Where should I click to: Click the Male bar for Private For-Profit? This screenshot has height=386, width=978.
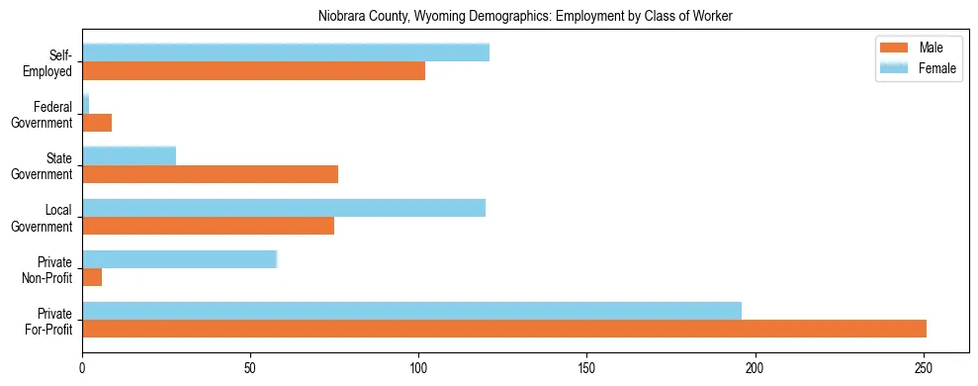point(504,329)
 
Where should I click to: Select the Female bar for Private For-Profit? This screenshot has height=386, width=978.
point(411,311)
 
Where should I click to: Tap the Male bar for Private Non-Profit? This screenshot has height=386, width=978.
point(92,277)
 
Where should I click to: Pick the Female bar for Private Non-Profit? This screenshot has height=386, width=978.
point(179,259)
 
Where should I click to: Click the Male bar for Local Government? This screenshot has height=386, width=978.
point(208,226)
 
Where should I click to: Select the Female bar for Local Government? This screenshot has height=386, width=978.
point(284,208)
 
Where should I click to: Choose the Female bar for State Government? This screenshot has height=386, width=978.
point(129,156)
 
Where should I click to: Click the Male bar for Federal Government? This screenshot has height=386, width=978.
point(97,123)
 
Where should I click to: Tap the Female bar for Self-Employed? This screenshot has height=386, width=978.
point(286,53)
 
